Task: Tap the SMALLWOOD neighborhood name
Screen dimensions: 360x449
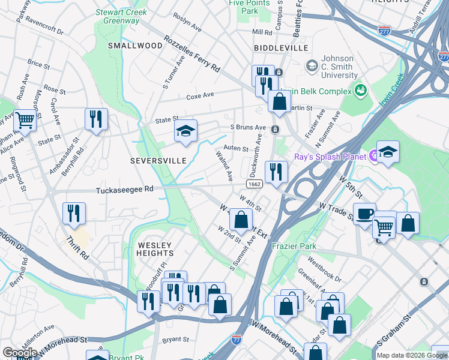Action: tap(135, 46)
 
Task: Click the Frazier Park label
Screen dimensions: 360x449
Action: tap(294, 246)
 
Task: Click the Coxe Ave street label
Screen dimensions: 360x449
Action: tap(200, 95)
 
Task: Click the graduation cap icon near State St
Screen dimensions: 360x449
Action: tap(185, 131)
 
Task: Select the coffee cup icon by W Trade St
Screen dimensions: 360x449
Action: tap(364, 214)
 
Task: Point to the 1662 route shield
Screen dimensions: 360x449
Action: tap(254, 184)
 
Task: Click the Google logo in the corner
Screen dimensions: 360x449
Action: tap(20, 353)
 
